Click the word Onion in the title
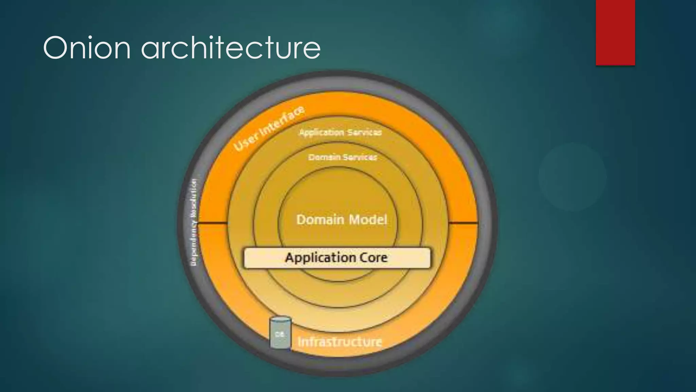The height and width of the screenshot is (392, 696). (87, 48)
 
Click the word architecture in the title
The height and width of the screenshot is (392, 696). (231, 48)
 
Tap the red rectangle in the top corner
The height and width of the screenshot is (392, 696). (615, 32)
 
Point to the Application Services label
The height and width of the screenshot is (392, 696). (340, 132)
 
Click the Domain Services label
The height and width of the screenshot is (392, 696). (343, 157)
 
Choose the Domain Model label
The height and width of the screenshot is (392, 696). (342, 219)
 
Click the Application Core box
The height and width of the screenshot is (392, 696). (337, 258)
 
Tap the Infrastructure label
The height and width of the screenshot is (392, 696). (340, 341)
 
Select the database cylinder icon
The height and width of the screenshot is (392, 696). (280, 333)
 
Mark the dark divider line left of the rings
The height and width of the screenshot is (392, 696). (212, 223)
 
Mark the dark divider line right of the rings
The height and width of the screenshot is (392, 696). (463, 223)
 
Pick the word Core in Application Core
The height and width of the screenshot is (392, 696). (374, 258)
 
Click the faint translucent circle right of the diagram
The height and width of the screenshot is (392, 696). (572, 177)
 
